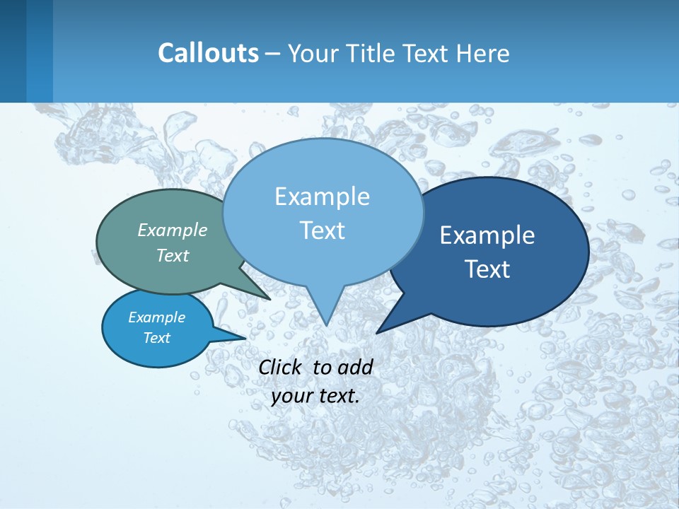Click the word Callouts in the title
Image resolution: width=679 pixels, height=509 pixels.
click(x=208, y=53)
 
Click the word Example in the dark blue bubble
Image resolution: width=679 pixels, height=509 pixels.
click(x=487, y=235)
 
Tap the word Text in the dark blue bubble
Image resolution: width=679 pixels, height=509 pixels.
click(x=487, y=269)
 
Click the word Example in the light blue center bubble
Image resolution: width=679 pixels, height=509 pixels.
click(x=322, y=197)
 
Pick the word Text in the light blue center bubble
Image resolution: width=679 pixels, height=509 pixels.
click(x=322, y=230)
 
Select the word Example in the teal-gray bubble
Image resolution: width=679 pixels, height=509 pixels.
click(x=173, y=230)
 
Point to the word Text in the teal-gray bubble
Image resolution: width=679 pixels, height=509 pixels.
click(x=173, y=255)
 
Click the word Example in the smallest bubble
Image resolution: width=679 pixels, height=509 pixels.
click(x=156, y=317)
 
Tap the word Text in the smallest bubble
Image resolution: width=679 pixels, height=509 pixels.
click(x=156, y=338)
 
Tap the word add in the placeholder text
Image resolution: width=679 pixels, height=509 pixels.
click(x=354, y=367)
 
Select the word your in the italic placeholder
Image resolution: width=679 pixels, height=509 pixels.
click(x=291, y=396)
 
